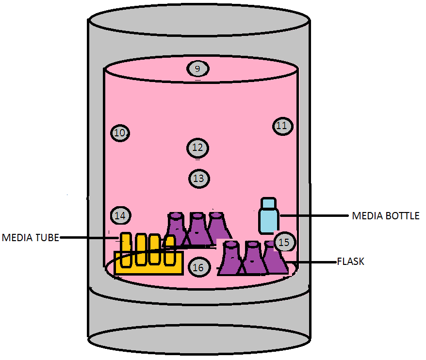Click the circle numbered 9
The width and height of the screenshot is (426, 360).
click(198, 69)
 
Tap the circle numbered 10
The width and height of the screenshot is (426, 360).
click(120, 132)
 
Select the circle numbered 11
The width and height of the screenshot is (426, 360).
click(282, 126)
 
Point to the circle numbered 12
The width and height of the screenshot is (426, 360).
click(197, 147)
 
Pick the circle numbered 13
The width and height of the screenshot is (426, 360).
click(198, 179)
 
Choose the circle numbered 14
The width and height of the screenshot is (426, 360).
click(121, 215)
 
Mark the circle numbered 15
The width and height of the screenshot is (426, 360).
click(285, 242)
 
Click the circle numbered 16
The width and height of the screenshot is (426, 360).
click(198, 267)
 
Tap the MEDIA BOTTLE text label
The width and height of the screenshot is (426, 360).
click(385, 215)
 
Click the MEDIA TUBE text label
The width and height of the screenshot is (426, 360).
click(30, 238)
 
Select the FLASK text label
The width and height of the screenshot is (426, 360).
click(350, 262)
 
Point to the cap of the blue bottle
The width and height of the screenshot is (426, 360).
click(268, 202)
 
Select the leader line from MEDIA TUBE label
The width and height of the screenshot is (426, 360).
click(90, 238)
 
